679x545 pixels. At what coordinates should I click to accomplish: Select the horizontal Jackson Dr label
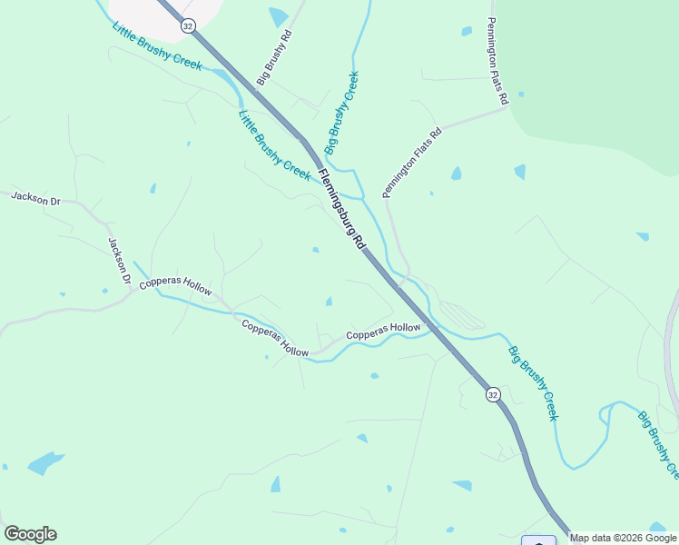[35, 198]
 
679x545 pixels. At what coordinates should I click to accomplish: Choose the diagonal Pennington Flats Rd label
[412, 163]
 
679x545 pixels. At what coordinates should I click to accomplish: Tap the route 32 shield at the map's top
[188, 26]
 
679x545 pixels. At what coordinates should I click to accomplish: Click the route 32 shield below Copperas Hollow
[492, 394]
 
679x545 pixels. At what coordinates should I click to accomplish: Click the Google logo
[30, 534]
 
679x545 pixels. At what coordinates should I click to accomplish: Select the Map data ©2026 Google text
[624, 538]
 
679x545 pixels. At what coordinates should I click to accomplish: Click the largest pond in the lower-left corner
[45, 463]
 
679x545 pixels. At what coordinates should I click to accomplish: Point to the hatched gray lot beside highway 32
[459, 315]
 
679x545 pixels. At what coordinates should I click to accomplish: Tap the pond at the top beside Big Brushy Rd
[279, 16]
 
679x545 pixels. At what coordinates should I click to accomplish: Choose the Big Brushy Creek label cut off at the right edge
[657, 446]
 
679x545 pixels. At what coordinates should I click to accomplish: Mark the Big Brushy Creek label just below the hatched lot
[533, 382]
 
